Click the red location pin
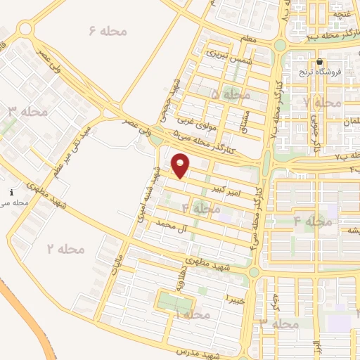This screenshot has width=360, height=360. (181, 166)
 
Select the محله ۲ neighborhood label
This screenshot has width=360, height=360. (65, 248)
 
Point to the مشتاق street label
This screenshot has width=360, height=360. (245, 112)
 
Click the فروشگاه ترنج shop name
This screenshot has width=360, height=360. (333, 72)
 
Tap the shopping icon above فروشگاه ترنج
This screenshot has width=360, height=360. (320, 62)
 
